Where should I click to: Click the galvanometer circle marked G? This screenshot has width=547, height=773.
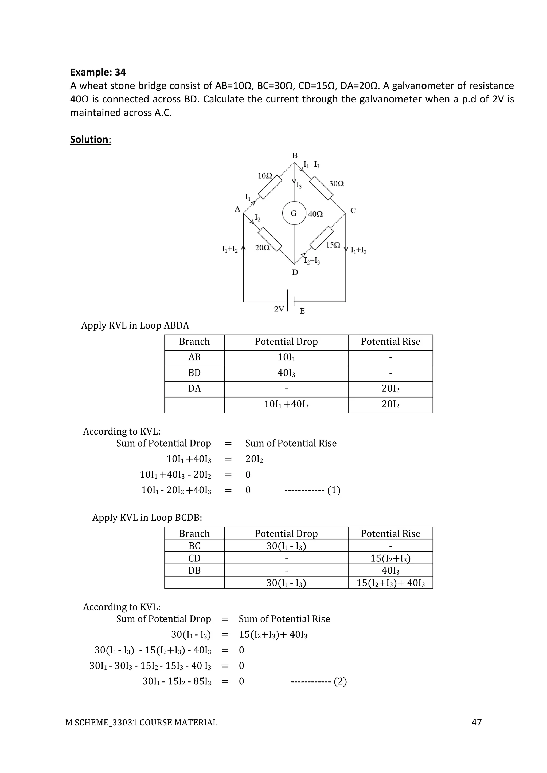pos(294,213)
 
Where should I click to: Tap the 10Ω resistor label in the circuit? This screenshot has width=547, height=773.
pos(265,176)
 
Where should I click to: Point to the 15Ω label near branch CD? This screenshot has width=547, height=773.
pos(333,245)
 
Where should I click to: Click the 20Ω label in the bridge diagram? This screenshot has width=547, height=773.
pos(262,248)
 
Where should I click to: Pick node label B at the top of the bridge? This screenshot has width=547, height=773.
pos(295,156)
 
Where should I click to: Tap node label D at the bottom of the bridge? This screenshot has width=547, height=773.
pos(295,272)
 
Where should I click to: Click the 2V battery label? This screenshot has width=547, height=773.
pos(279,309)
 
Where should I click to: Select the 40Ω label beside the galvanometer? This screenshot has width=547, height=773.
pos(315,214)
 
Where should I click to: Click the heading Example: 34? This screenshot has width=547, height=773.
pos(98,72)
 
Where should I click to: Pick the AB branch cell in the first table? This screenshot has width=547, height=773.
pos(194,357)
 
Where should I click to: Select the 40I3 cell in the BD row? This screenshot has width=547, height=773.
pos(286,373)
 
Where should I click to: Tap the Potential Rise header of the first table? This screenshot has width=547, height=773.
pos(390,342)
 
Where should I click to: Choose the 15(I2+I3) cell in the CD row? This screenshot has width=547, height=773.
pos(390,559)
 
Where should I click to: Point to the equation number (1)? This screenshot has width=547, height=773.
pos(334,490)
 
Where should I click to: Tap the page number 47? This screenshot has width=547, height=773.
pos(476,722)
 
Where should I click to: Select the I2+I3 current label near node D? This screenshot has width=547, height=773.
pos(312,261)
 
